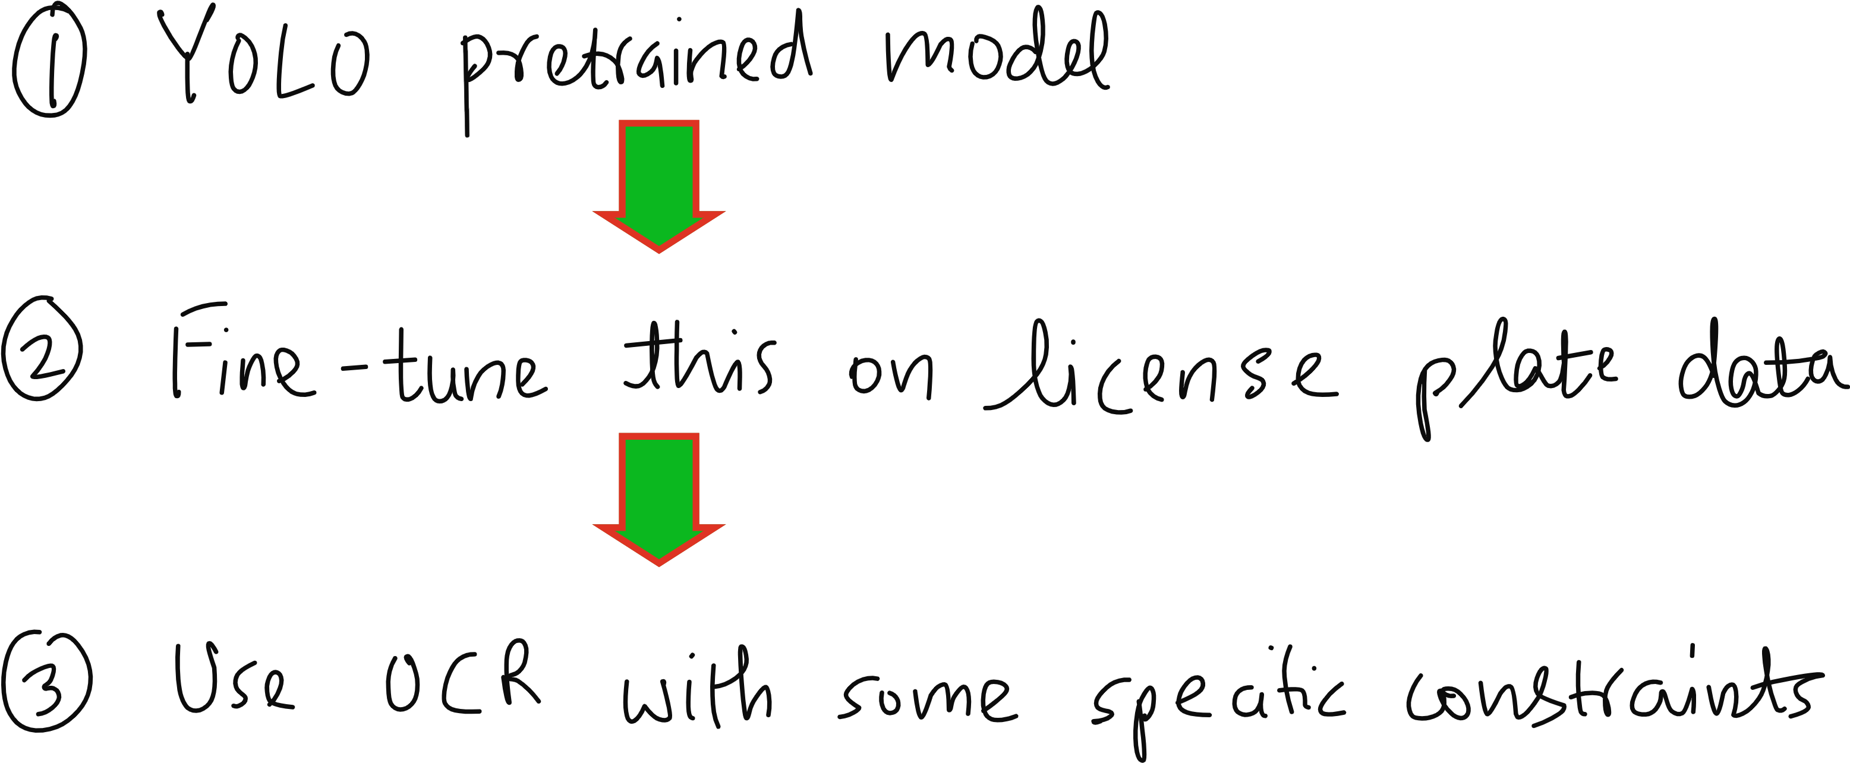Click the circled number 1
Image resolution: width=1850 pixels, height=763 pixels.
[49, 63]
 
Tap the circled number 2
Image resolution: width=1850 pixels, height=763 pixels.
[42, 349]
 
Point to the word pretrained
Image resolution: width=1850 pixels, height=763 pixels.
[635, 65]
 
